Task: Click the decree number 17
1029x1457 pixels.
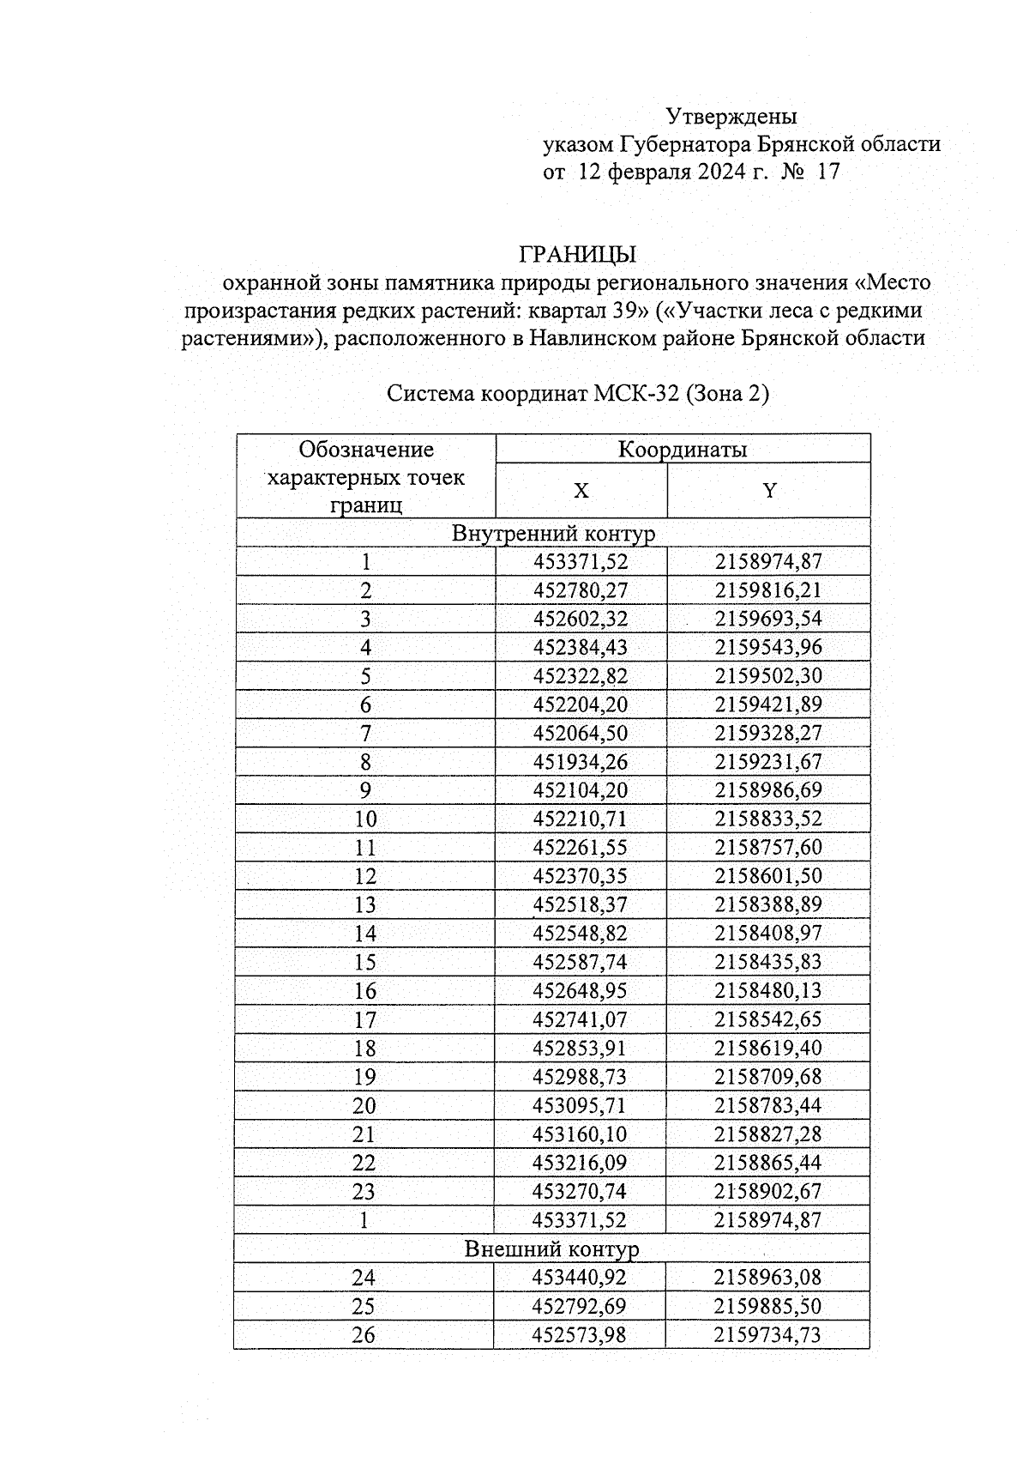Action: [x=829, y=172]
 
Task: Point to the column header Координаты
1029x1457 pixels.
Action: [x=683, y=450]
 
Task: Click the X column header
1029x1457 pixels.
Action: [x=581, y=491]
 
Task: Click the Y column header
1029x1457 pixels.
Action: [x=769, y=491]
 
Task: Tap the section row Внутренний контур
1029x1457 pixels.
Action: [x=553, y=534]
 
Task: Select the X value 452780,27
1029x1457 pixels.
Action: [x=581, y=590]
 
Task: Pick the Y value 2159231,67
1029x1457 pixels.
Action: [x=768, y=762]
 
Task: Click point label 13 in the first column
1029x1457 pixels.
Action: [x=365, y=905]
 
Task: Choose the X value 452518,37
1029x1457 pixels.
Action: [x=581, y=905]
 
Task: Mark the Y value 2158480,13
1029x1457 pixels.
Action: [x=768, y=991]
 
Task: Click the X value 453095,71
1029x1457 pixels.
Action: [x=581, y=1105]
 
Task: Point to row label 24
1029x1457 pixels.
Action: [x=364, y=1278]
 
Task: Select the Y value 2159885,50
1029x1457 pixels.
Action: [x=767, y=1306]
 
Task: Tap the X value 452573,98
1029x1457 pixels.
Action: [x=580, y=1335]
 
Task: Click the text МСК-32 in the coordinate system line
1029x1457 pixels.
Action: [x=637, y=394]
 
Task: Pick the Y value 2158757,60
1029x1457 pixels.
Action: [x=768, y=848]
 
